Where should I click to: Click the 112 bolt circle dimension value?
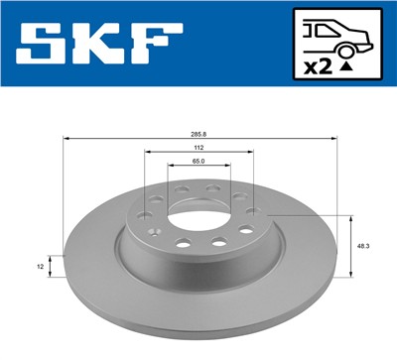(198, 147)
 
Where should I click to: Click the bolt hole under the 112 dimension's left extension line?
(147, 211)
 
